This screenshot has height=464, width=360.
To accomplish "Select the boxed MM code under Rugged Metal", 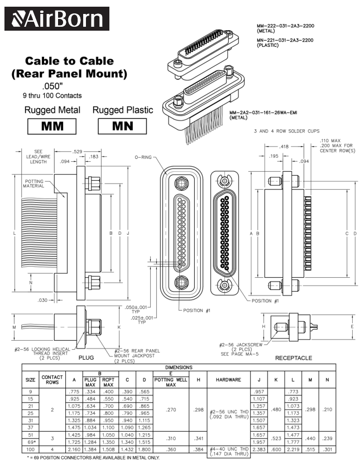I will click(x=51, y=126).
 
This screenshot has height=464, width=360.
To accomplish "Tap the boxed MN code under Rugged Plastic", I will click(x=122, y=126).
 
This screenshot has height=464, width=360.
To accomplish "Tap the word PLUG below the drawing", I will click(x=86, y=357).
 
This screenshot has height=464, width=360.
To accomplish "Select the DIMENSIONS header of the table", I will click(x=179, y=368).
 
